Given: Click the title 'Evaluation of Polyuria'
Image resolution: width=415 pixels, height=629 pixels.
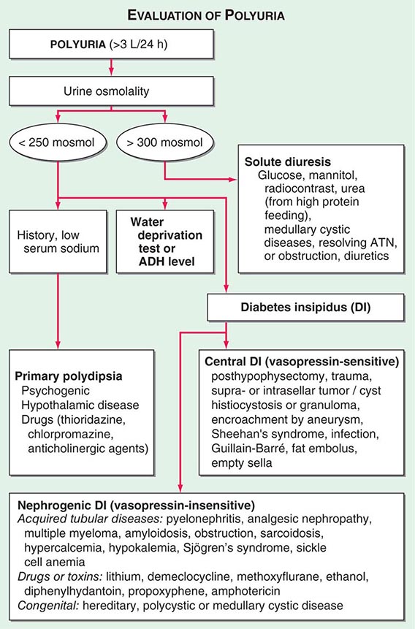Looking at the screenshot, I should pos(207,14).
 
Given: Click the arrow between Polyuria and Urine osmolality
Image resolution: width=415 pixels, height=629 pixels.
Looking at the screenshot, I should pos(111,65).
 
